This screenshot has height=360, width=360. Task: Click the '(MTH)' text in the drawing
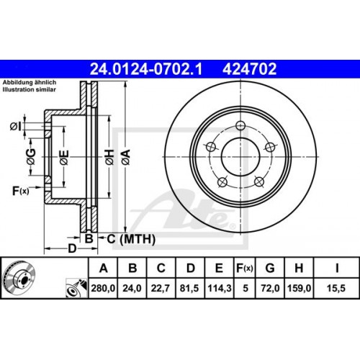click(131, 238)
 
